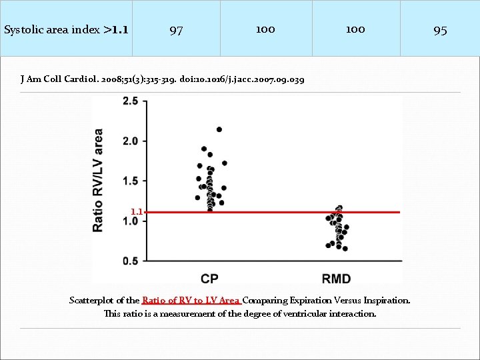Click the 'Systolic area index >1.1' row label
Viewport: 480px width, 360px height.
coord(66,29)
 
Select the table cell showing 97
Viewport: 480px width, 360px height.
coord(176,30)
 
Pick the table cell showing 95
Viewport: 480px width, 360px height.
coord(440,30)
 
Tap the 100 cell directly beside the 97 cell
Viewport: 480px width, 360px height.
coord(265,29)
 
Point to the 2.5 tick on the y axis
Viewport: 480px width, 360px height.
coord(130,101)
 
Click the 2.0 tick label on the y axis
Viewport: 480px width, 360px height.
coord(130,141)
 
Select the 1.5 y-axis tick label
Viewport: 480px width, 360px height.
coord(130,181)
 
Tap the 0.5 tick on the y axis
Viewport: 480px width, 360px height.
coord(130,261)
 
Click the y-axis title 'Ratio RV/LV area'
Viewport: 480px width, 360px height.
coord(98,180)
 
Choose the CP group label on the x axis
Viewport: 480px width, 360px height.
coord(209,278)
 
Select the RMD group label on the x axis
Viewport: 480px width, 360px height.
coord(336,278)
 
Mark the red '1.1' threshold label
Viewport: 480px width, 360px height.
coord(136,212)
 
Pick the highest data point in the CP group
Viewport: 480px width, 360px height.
coord(219,129)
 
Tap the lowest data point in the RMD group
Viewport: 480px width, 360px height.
coord(345,249)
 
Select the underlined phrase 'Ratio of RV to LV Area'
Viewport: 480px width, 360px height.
coord(191,301)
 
